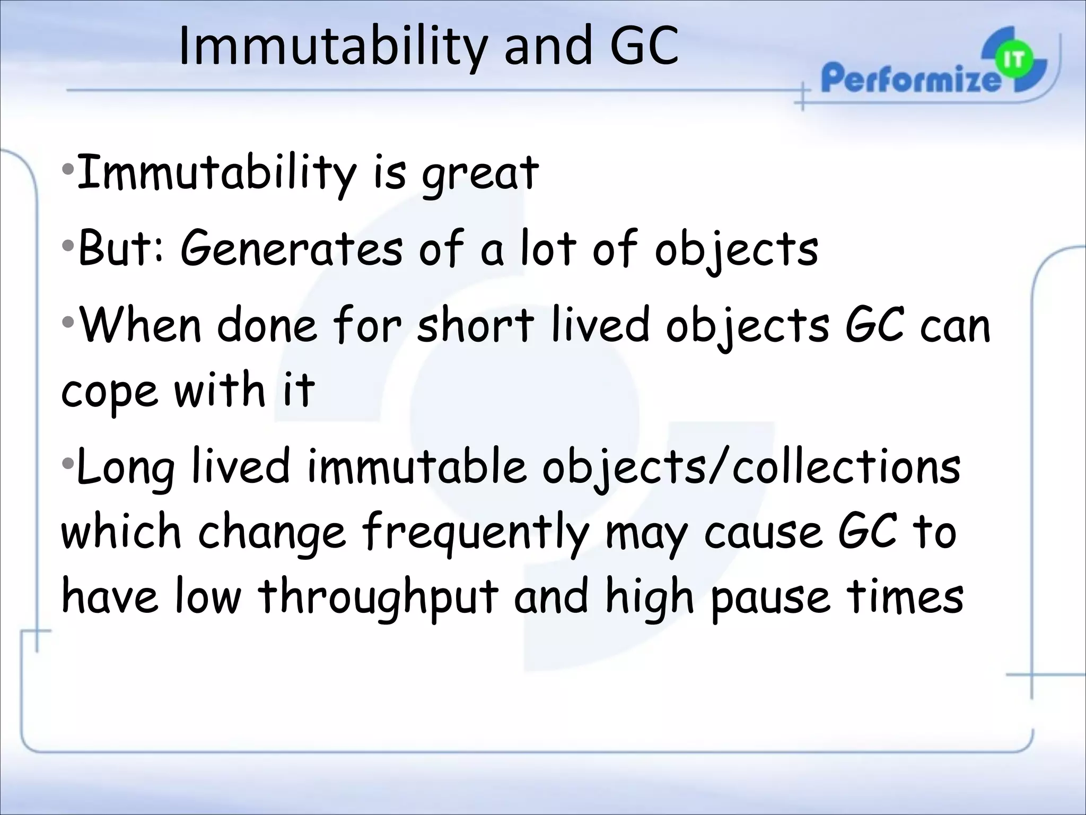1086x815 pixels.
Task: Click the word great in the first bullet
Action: (x=480, y=174)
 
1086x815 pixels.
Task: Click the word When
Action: (x=140, y=325)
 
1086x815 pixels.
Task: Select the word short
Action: (x=475, y=325)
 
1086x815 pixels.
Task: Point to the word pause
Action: (x=769, y=598)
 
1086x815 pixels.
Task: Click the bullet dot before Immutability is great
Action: (x=67, y=170)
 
